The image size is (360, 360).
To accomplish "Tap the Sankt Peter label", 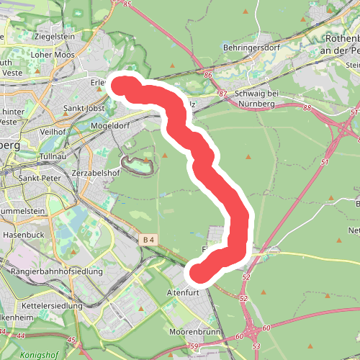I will pos(40,178).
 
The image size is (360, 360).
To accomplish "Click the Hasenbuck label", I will pos(24,235).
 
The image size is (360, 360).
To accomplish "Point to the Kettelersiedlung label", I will pos(53,306).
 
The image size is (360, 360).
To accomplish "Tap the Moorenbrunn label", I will pos(193,332).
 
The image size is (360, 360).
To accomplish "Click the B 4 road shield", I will pos(149,239).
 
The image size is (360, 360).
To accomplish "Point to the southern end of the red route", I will pos(197,273).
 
